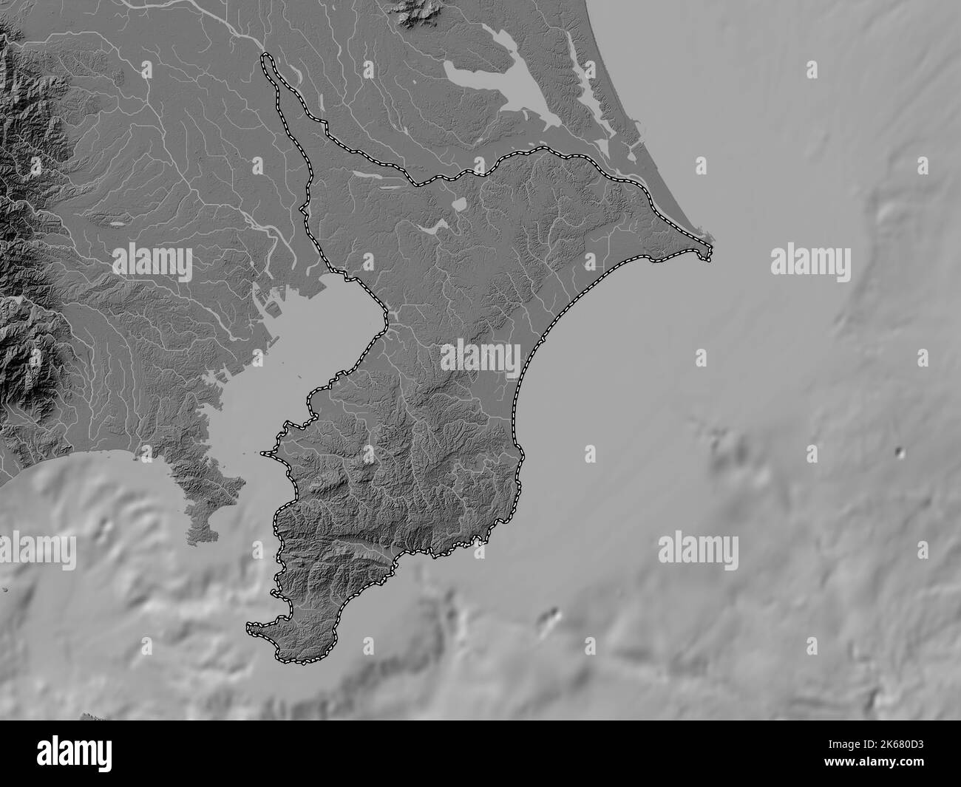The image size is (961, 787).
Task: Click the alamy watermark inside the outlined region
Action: (x=480, y=358)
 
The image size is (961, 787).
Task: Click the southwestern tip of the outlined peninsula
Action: (x=250, y=630)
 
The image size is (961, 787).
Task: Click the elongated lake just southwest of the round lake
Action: (x=430, y=229)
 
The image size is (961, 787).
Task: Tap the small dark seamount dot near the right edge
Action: (x=899, y=452)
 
